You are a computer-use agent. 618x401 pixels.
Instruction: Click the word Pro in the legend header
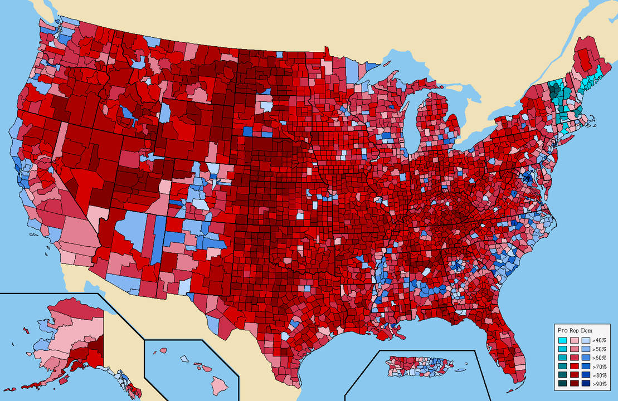point(563,331)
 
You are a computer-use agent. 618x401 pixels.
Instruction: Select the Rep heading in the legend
point(574,331)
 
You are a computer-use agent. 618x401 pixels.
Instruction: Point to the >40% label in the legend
point(599,340)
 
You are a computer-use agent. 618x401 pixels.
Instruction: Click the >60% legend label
point(599,358)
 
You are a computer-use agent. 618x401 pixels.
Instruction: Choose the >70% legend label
point(599,366)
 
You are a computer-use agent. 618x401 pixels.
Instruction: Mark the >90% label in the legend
point(599,384)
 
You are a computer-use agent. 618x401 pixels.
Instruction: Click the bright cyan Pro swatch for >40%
point(563,340)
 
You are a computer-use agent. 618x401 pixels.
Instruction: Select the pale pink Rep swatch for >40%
point(574,340)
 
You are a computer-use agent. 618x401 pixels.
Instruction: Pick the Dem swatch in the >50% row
point(586,349)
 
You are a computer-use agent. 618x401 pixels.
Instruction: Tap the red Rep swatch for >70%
point(574,366)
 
